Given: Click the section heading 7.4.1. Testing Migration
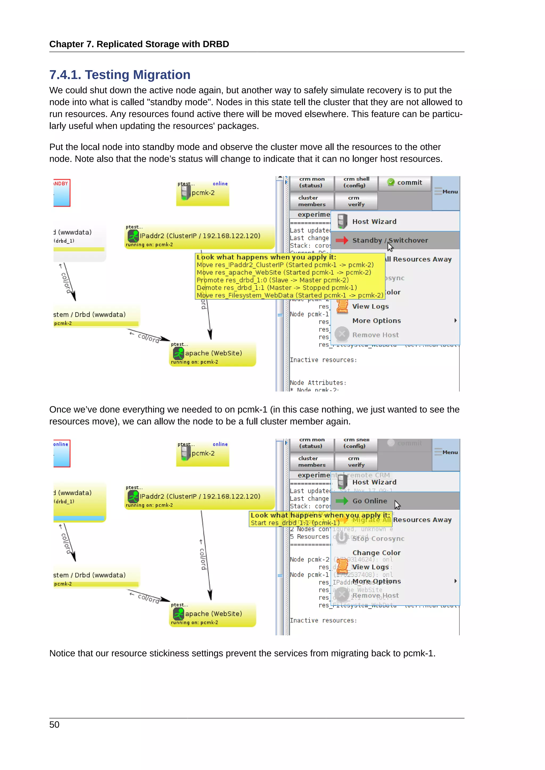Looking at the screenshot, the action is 120,75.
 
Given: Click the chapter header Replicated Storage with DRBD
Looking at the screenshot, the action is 139,44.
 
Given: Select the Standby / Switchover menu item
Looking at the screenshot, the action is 390,240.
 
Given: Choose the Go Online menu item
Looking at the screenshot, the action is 369,501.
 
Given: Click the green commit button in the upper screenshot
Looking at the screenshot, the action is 404,183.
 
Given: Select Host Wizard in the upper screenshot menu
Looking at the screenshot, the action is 374,222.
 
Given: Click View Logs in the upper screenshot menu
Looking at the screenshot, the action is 370,307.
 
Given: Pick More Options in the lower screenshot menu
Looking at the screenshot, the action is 376,581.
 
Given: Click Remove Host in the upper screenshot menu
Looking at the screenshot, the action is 375,335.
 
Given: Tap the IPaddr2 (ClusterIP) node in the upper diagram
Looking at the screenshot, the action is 199,236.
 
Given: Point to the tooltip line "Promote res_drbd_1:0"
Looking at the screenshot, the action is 272,280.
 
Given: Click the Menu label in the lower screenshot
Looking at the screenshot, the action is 450,453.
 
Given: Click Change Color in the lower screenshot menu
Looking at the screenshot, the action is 376,553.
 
